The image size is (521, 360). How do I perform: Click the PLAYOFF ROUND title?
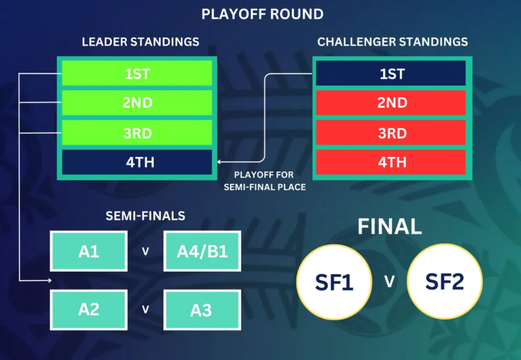pos(262,15)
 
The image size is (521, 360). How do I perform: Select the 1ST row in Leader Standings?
pos(137,73)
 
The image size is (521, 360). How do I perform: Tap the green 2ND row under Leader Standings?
pos(137,103)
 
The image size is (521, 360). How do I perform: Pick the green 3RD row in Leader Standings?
pos(137,132)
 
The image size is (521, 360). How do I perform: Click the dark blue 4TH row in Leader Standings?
pos(137,162)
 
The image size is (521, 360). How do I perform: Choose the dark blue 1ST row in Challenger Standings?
pos(391,73)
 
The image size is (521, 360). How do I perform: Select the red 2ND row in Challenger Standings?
pos(391,103)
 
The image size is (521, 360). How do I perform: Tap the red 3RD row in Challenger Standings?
pos(391,132)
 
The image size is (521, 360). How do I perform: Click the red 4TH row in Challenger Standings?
pos(391,162)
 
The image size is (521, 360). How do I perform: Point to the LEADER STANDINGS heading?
pos(141,42)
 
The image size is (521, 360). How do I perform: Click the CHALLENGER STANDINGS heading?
pos(392,42)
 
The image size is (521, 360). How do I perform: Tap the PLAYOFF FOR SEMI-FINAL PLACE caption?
pos(264,181)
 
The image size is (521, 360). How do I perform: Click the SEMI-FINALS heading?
pos(145,216)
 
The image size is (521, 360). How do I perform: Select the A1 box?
pos(89,251)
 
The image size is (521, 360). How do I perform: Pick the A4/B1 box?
pos(202,251)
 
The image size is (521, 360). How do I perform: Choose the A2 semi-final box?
pos(89,310)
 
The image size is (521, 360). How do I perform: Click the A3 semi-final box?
pos(202,310)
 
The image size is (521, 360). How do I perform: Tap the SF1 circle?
pos(334,282)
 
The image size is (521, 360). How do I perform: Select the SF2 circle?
pos(445,282)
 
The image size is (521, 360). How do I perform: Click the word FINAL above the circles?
pos(390,226)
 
